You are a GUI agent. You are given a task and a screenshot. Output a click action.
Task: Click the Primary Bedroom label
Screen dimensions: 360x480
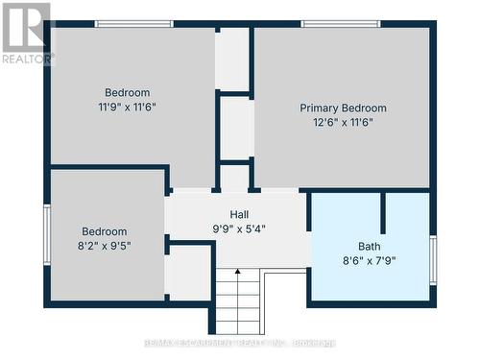click(343, 108)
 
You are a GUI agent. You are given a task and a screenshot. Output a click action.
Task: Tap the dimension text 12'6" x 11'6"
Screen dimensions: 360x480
click(343, 122)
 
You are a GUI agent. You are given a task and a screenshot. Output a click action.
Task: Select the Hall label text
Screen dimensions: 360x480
click(240, 214)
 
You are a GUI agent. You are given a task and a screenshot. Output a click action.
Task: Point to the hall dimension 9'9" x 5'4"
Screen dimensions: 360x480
click(240, 228)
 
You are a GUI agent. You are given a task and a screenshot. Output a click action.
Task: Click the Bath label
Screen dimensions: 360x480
click(370, 245)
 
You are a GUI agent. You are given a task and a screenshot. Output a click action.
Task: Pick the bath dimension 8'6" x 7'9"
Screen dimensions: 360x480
click(370, 259)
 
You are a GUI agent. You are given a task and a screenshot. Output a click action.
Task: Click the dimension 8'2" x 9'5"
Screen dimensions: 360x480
click(104, 245)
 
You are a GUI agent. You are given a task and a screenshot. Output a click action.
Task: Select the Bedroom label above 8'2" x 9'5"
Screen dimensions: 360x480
click(104, 231)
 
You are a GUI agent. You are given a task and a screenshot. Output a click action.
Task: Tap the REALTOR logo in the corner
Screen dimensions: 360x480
click(26, 33)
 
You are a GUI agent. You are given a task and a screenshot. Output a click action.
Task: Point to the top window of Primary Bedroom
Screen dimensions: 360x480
click(340, 23)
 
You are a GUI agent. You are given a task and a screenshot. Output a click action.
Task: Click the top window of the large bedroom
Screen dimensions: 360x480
click(133, 23)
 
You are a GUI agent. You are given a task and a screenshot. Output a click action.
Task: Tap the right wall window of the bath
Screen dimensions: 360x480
click(433, 259)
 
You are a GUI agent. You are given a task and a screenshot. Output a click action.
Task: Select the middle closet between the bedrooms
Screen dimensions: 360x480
click(235, 127)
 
